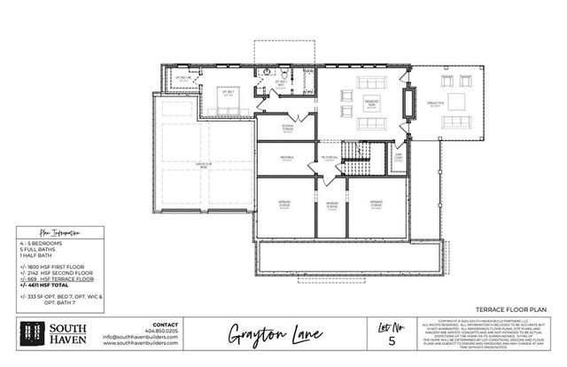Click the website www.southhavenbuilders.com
(x=140, y=343)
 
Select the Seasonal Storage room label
(x=288, y=128)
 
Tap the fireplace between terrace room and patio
(x=408, y=105)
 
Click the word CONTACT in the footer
(x=166, y=324)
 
